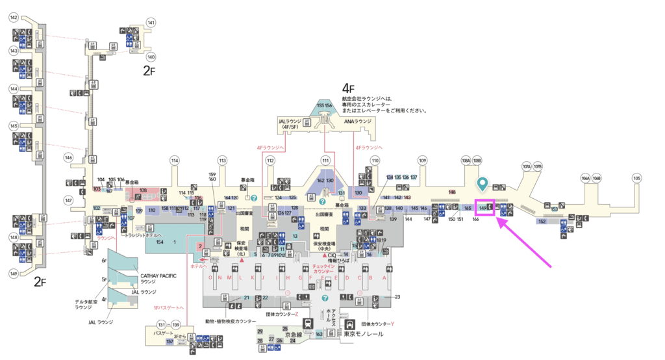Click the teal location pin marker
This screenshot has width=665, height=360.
coord(481,184)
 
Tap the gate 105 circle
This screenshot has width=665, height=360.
coord(636,178)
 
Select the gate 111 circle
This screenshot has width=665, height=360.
coord(326,161)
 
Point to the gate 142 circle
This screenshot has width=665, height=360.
coord(14,18)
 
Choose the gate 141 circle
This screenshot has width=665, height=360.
coord(151,23)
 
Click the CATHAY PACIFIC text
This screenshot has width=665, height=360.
coord(158,276)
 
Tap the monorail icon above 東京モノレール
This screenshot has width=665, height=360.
coord(351,323)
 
